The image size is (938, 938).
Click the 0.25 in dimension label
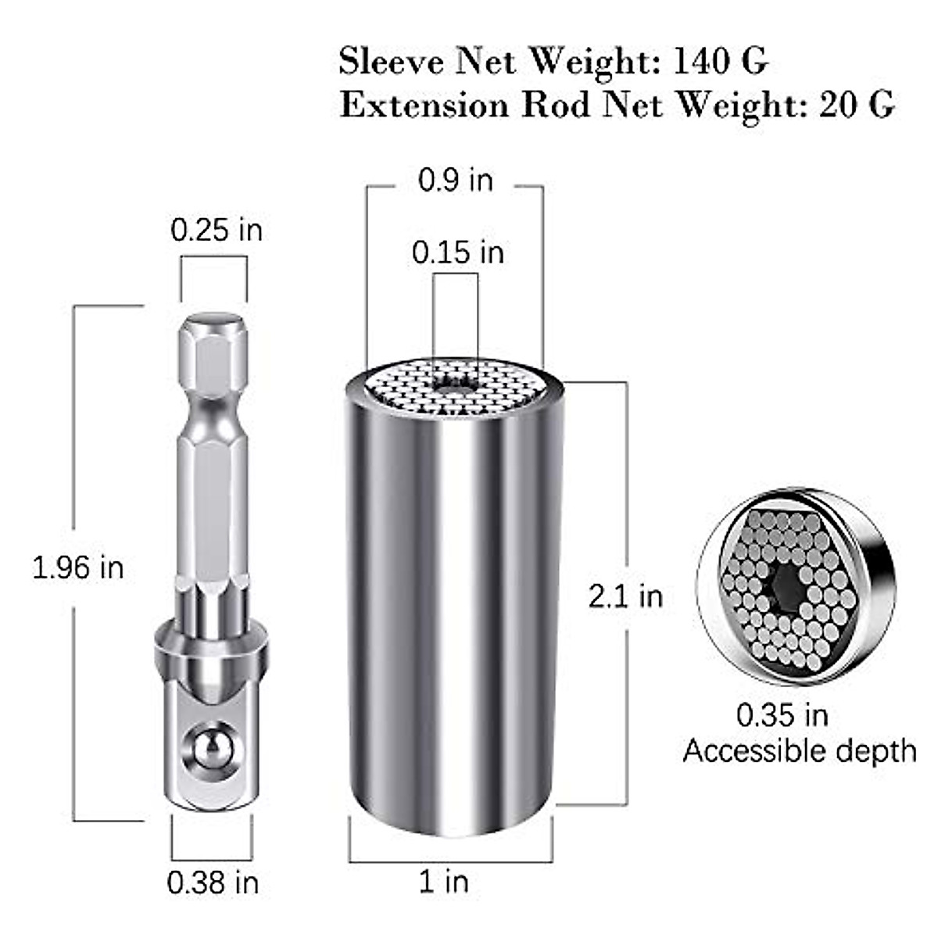[x=217, y=230]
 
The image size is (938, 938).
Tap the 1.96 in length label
[x=77, y=567]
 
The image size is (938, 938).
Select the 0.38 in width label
[x=213, y=883]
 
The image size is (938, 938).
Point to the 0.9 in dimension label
[x=456, y=180]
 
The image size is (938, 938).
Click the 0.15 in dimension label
[x=458, y=252]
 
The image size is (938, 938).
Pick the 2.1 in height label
[x=625, y=596]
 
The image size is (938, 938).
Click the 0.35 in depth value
[x=782, y=714]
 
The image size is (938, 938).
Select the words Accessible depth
[x=799, y=751]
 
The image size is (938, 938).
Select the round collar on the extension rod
[x=211, y=641]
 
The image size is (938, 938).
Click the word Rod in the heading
[x=554, y=104]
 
